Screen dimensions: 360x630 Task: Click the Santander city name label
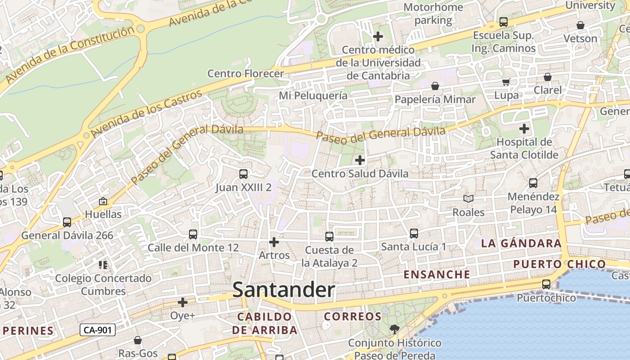283,290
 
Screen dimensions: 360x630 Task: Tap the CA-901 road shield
98,330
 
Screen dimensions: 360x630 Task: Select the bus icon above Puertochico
546,284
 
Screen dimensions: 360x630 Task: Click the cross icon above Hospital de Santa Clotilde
524,129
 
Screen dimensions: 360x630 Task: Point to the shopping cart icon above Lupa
506,82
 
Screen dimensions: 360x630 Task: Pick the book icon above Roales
468,198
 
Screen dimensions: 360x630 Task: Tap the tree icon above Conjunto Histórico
394,329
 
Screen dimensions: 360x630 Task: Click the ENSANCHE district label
437,274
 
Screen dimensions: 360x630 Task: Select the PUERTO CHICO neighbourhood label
560,264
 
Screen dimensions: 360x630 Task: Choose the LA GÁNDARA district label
521,243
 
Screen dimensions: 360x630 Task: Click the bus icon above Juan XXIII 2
243,174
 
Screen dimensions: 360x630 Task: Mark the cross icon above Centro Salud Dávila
360,160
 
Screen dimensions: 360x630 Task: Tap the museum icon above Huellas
103,201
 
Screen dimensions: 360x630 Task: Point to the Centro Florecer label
246,73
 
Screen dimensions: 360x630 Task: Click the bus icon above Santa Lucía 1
414,233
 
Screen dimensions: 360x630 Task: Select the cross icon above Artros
274,242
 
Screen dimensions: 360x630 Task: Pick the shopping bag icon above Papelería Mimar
435,86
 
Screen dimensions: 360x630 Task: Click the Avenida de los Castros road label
147,114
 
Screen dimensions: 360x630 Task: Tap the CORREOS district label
353,316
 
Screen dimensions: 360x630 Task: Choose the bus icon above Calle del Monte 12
193,234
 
